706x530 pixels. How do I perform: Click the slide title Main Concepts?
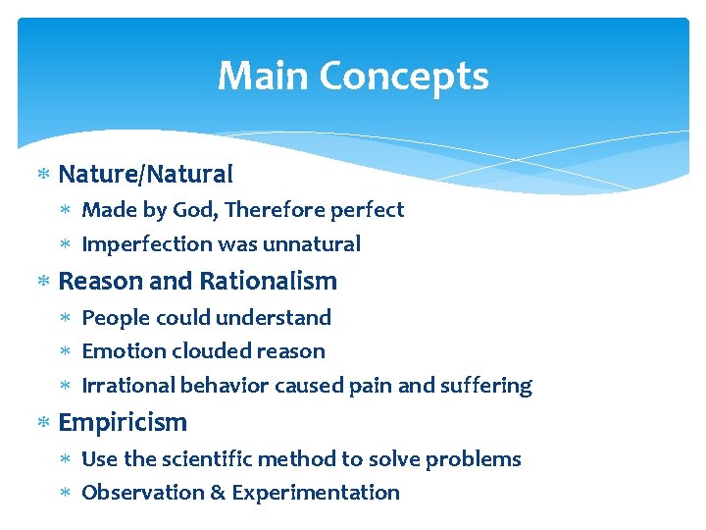tap(353, 76)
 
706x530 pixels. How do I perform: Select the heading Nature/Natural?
tap(145, 175)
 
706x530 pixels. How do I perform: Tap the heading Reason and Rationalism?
tap(197, 281)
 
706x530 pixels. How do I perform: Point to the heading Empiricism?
tap(123, 422)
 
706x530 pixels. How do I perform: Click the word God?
tap(190, 210)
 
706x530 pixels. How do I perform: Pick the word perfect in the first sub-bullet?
tap(368, 210)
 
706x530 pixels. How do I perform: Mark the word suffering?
tap(487, 386)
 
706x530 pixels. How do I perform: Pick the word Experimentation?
tap(315, 493)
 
